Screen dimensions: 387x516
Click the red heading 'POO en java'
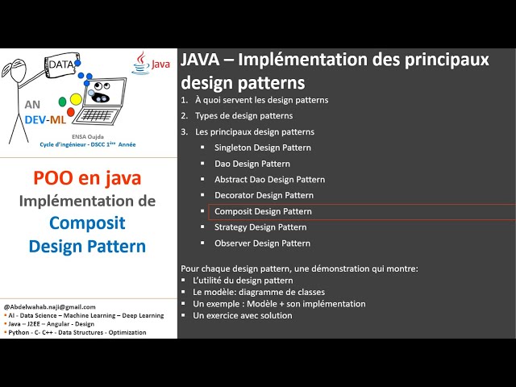(87, 177)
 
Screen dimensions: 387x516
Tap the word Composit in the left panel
(87, 223)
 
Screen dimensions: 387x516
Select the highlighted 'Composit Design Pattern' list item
(263, 211)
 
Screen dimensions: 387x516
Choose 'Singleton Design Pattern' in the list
(262, 148)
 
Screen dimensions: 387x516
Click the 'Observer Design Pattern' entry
(262, 243)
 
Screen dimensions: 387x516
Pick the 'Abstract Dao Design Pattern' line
(269, 179)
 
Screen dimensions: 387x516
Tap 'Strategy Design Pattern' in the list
(260, 227)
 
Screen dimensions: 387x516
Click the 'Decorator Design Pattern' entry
(264, 195)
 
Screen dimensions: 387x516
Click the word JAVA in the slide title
(202, 61)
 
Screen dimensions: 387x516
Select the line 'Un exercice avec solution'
(243, 315)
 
